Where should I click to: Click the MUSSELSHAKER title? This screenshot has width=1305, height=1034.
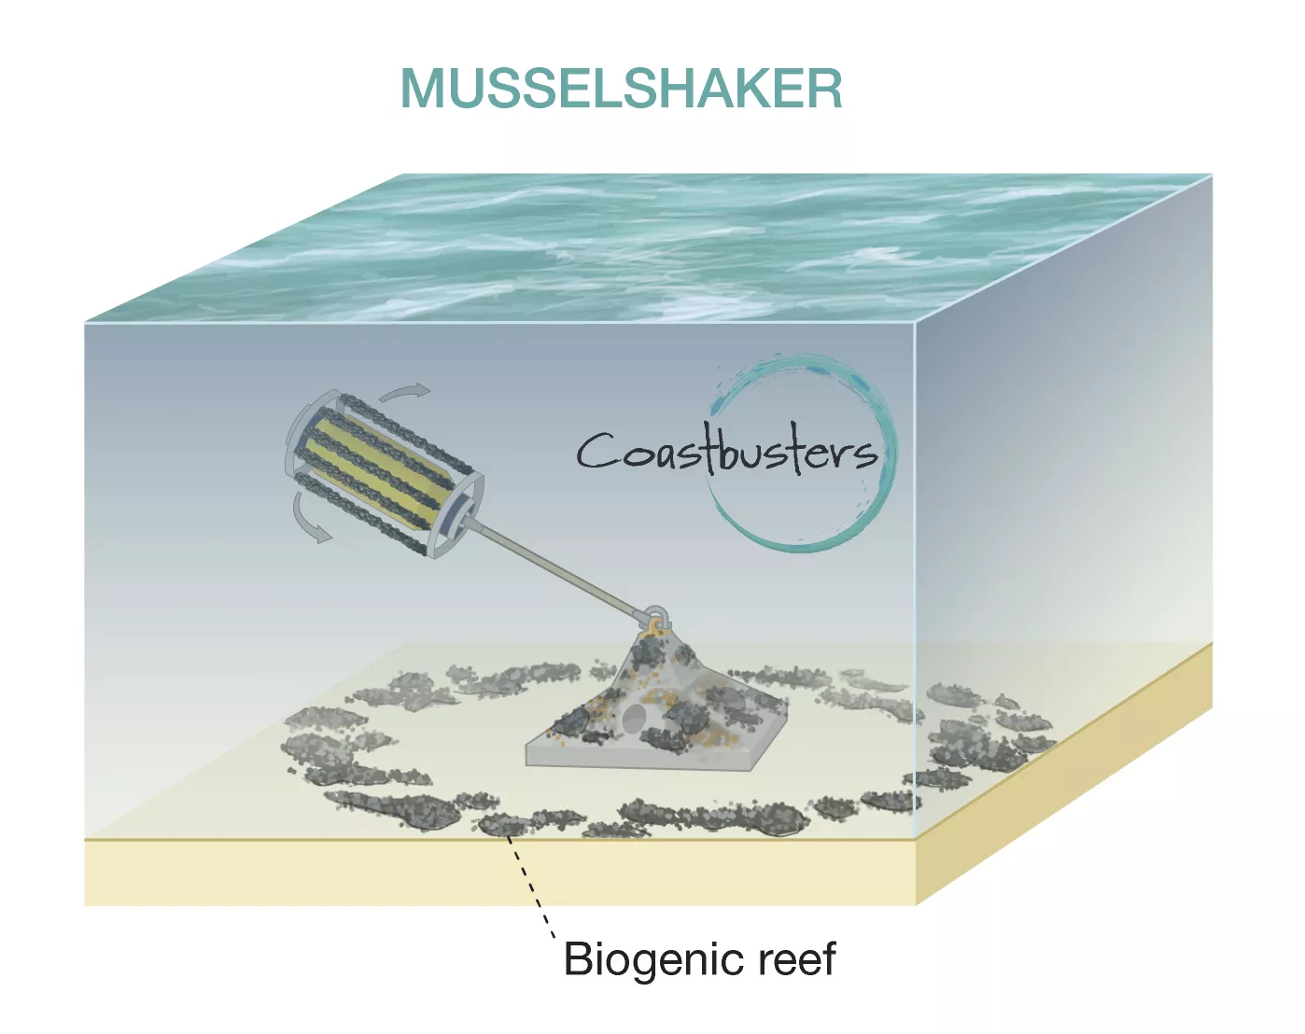pyautogui.click(x=622, y=89)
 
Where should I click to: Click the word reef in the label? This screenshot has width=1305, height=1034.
pyautogui.click(x=797, y=958)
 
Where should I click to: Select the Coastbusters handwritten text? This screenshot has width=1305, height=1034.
pyautogui.click(x=727, y=453)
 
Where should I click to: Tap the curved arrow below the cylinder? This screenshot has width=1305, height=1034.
pyautogui.click(x=309, y=519)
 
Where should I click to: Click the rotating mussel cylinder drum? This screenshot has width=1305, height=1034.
pyautogui.click(x=385, y=472)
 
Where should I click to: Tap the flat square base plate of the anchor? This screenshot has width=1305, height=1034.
pyautogui.click(x=655, y=746)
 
